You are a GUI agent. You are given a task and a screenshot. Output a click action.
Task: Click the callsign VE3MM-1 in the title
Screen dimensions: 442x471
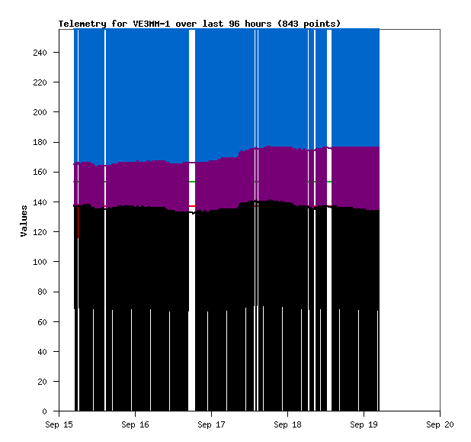point(151,24)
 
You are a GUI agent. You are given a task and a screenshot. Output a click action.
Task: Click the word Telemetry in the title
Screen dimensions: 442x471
point(82,24)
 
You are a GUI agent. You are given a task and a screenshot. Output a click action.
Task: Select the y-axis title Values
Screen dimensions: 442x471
point(24,221)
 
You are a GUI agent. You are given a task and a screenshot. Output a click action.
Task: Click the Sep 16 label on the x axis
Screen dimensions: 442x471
point(134,424)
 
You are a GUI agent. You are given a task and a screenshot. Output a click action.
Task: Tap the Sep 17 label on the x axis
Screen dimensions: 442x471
point(210,424)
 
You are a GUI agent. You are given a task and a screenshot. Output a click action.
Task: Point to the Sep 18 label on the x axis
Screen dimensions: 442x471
point(287,424)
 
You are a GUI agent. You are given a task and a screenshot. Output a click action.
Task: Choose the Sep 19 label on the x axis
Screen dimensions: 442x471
point(363,424)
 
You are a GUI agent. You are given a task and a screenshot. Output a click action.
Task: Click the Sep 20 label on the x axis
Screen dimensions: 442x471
point(439,424)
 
